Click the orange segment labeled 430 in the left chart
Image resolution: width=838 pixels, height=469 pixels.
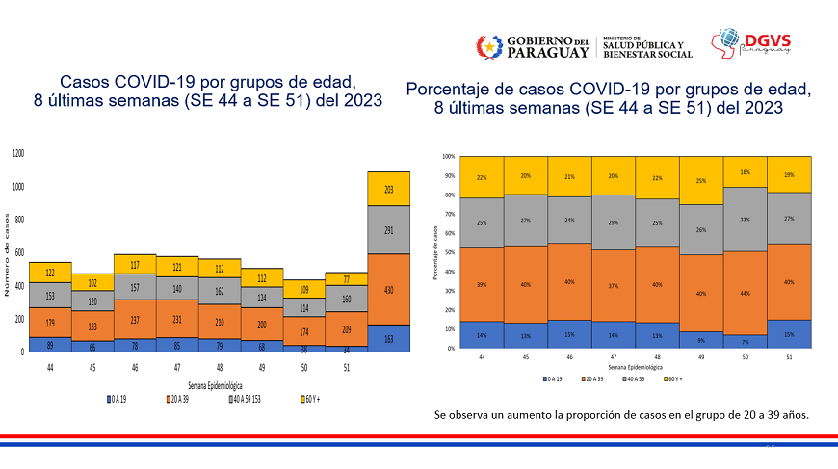(x=388, y=289)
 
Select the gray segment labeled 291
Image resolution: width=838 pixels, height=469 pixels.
(x=388, y=230)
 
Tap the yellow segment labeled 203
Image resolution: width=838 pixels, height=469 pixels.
(x=388, y=189)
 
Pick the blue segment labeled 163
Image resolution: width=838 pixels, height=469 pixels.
(x=388, y=338)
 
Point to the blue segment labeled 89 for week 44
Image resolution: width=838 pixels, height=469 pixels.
(x=50, y=344)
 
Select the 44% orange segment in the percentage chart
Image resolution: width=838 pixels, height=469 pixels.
(x=745, y=293)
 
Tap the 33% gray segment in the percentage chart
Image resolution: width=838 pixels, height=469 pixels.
(x=745, y=219)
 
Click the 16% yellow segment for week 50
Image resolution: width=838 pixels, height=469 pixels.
(x=745, y=171)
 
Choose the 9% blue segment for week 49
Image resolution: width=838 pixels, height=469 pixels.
(x=700, y=339)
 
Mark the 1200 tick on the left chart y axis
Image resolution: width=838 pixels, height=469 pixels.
(x=18, y=154)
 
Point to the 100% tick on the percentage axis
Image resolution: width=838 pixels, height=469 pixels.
(x=448, y=156)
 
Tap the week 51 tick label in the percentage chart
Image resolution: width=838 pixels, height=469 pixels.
(x=789, y=356)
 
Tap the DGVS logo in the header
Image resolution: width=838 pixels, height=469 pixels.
(x=750, y=44)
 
